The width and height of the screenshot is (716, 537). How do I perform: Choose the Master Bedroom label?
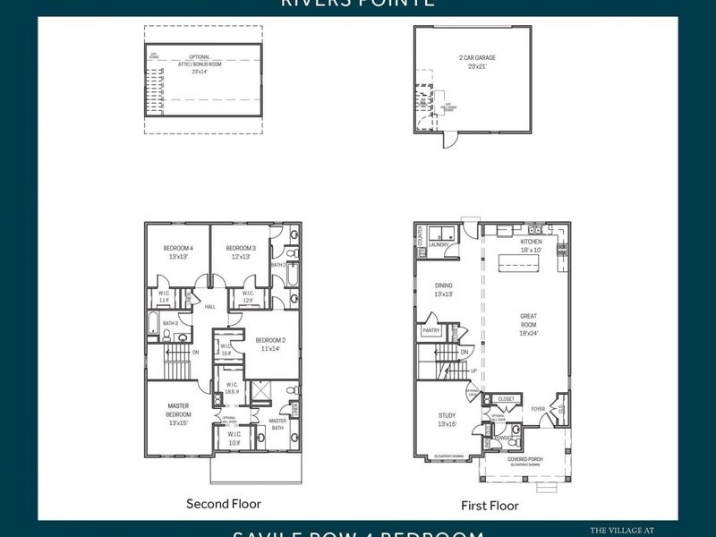178,411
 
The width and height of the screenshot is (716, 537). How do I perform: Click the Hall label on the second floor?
210,306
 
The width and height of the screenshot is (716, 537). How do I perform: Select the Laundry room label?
439,243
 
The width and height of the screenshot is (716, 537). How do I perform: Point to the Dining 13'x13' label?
444,289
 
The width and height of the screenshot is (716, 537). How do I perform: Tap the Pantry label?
430,330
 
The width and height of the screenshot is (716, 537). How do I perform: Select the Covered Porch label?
524,459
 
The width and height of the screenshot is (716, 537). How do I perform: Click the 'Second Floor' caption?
224,504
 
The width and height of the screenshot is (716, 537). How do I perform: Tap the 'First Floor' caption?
490,506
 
